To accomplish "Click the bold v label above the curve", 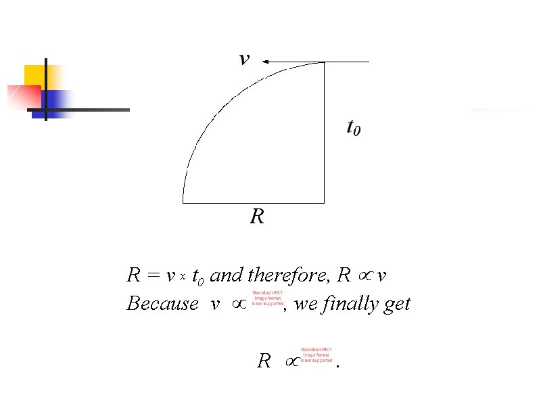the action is click(x=244, y=60).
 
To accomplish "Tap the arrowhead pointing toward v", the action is click(x=266, y=62).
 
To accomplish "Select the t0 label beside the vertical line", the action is click(x=353, y=127).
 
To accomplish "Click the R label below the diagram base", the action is click(x=257, y=217).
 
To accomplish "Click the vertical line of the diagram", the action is click(x=325, y=135).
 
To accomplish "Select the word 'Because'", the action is click(x=162, y=304).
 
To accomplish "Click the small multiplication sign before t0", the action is click(x=183, y=277).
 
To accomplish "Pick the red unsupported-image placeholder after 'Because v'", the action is click(x=268, y=298).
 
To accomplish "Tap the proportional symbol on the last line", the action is click(x=289, y=363).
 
